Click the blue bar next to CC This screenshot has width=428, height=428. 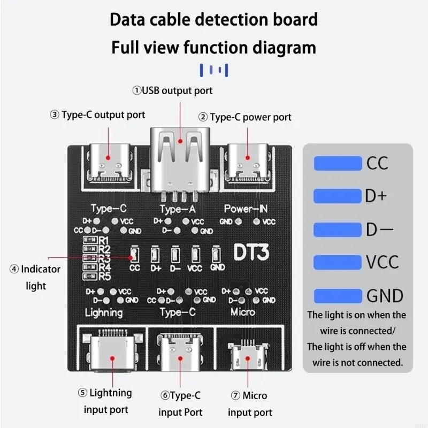[x=338, y=163]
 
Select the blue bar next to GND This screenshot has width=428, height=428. [x=338, y=295]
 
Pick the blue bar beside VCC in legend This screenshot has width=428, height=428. [x=338, y=262]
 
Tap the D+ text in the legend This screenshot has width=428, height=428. [x=376, y=196]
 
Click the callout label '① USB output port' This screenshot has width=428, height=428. [x=172, y=90]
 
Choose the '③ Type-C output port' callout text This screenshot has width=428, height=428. [x=97, y=114]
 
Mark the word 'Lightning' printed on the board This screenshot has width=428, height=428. [x=104, y=312]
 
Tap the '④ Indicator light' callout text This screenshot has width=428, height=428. [x=35, y=277]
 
